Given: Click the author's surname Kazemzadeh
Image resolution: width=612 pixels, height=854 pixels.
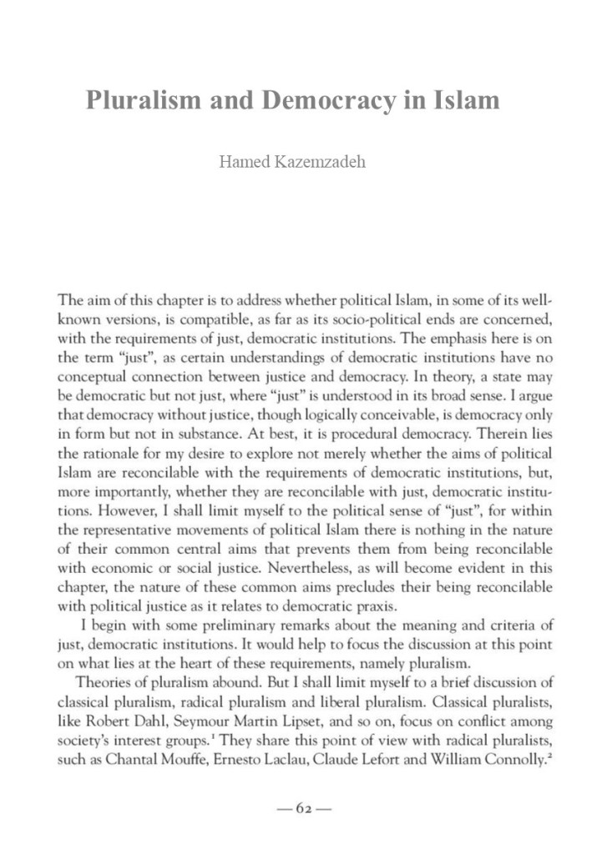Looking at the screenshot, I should (x=325, y=160).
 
